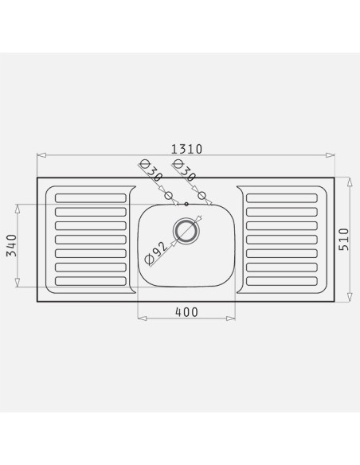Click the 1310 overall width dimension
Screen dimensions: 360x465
pyautogui.click(x=187, y=149)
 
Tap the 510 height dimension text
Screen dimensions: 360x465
pyautogui.click(x=344, y=240)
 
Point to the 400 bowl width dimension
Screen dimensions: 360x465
pyautogui.click(x=186, y=312)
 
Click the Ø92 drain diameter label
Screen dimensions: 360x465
pyautogui.click(x=156, y=252)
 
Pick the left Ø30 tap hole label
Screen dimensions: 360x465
pyautogui.click(x=151, y=171)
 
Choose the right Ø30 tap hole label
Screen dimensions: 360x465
pyautogui.click(x=185, y=171)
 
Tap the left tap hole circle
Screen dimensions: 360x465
pyautogui.click(x=168, y=195)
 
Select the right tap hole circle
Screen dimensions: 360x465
pyautogui.click(x=202, y=195)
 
